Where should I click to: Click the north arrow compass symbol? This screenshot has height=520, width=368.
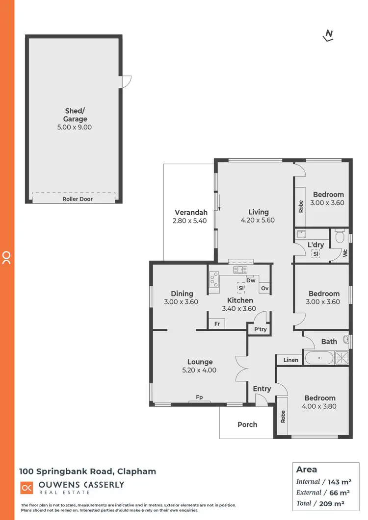coord(329,35)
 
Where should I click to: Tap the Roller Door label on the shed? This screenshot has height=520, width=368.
coord(78,199)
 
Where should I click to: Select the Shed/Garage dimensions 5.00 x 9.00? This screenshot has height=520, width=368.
coord(75,127)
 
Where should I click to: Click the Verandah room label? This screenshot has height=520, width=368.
coord(191,212)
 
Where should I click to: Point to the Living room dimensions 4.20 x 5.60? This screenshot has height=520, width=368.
coord(258,220)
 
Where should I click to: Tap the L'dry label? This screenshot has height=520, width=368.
coord(315,245)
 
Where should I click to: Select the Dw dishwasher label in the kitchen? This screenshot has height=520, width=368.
coord(251,280)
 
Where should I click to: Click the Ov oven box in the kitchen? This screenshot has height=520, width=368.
coord(265,288)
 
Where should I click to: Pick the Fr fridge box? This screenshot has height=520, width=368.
coord(216,324)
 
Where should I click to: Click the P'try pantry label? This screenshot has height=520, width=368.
coord(260,329)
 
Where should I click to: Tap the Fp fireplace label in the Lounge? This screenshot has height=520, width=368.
coord(200,397)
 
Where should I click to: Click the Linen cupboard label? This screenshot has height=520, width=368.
coord(291,360)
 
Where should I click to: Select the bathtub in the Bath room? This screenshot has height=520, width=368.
coord(319,358)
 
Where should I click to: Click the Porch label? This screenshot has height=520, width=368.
coord(247,424)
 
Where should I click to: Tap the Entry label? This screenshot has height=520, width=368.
coord(262,389)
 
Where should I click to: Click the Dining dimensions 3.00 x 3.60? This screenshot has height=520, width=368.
coord(181,302)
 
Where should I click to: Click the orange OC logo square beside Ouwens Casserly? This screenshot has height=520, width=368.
coord(26,488)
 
